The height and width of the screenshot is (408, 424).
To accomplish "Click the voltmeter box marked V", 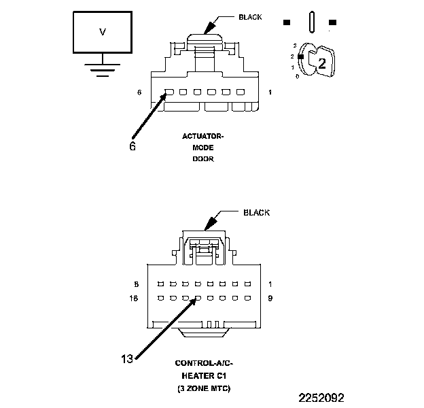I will coord(103,33).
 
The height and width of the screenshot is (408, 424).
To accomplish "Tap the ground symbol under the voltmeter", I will coord(103,69).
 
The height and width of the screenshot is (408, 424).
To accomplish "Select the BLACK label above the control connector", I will coord(256,213).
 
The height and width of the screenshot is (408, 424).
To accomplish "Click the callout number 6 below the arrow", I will coord(132,145).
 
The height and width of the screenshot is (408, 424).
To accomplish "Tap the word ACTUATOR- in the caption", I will coord(202,136).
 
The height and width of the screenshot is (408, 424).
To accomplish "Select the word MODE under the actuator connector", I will coord(202,147).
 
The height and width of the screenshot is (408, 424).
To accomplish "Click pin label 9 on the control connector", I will coord(270,298).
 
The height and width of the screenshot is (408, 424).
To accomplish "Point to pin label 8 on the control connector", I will coord(138,284).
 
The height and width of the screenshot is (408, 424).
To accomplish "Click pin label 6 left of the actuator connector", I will coord(139,92).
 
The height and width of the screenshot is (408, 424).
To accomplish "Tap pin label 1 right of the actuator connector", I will coord(271,92).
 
